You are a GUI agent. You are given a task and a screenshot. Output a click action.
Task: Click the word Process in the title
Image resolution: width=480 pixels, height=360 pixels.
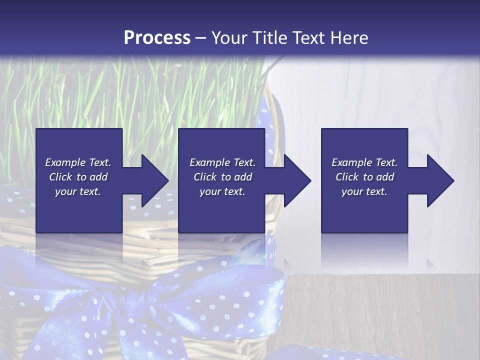[x=157, y=38]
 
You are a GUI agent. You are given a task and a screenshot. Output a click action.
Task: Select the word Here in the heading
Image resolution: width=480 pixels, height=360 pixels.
[x=349, y=38]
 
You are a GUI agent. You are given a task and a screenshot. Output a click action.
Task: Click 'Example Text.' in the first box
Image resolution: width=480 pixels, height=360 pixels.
[x=78, y=162]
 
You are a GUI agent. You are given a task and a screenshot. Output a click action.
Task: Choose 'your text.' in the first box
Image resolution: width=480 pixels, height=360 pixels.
[x=78, y=191]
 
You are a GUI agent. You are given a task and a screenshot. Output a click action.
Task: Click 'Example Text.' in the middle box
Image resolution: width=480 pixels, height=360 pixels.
[x=222, y=162]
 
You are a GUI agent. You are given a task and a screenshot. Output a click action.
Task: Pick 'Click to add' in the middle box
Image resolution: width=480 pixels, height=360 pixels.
[x=222, y=177]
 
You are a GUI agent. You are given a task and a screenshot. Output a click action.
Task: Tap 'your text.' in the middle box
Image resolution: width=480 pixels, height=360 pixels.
[x=222, y=191]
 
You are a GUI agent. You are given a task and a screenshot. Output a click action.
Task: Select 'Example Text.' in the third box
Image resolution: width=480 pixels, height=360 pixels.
[x=364, y=162]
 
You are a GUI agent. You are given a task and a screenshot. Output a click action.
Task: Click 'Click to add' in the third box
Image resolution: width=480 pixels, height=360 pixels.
[x=364, y=177]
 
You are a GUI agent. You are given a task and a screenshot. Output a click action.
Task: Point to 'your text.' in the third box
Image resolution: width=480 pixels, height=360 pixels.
[x=364, y=191]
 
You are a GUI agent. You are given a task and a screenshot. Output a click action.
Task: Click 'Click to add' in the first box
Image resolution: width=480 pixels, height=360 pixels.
[x=78, y=177]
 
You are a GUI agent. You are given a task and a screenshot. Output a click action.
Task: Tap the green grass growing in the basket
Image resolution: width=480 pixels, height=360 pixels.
[x=150, y=95]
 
